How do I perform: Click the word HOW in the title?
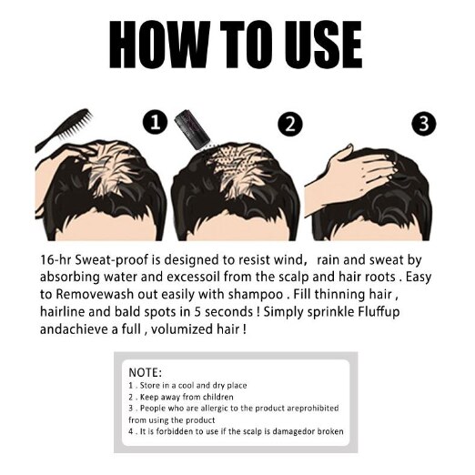coord(159,45)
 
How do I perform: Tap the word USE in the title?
coord(323,45)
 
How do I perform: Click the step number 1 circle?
coord(155,123)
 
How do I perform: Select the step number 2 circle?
coord(290,124)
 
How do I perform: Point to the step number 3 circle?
coord(424,124)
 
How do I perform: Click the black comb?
coord(64,129)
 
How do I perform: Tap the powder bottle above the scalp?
coord(192,129)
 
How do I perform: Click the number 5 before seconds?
coord(197,312)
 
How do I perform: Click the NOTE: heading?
coord(146,372)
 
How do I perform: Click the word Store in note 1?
coord(150,386)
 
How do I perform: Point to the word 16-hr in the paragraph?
coord(56,260)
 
